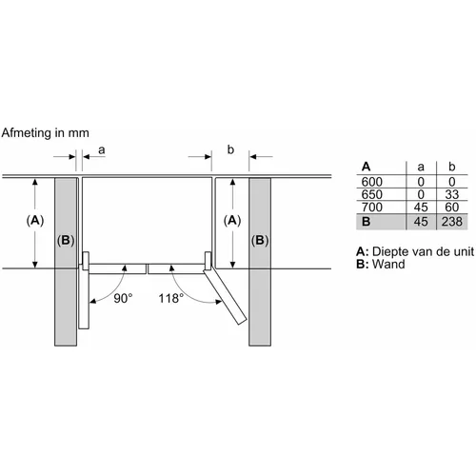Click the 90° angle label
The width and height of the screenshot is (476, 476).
(123, 298)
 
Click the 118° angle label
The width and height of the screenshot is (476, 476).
(171, 298)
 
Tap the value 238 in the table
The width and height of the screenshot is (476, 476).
(452, 222)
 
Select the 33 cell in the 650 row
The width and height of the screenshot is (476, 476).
(452, 194)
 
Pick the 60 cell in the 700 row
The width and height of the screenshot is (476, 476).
(452, 208)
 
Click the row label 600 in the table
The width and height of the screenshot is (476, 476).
(372, 182)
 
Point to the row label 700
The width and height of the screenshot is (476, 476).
(372, 208)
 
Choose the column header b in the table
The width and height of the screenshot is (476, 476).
(452, 167)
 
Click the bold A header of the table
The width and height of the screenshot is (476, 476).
(366, 167)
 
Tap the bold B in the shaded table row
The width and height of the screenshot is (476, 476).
(366, 222)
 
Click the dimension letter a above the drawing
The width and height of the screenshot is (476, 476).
(102, 149)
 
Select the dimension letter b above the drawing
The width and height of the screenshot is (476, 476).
(230, 149)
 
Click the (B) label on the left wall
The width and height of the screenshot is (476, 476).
(66, 241)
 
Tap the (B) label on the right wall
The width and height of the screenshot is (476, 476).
(260, 241)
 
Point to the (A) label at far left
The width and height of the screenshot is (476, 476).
(35, 220)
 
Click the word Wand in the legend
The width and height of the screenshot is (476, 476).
(388, 264)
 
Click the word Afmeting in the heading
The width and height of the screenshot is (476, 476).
(27, 132)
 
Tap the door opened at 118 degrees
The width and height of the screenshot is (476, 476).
(225, 297)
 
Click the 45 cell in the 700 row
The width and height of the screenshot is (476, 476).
(421, 208)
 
